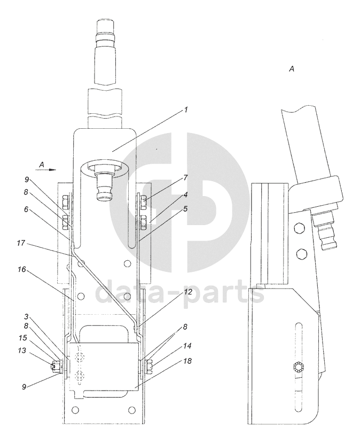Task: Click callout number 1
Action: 186,110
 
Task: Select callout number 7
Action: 186,178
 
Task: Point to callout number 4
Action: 185,195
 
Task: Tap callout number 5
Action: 185,209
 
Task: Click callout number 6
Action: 26,209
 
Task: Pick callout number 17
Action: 21,243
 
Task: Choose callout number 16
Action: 21,270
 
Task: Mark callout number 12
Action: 188,292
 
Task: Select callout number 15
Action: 22,338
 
